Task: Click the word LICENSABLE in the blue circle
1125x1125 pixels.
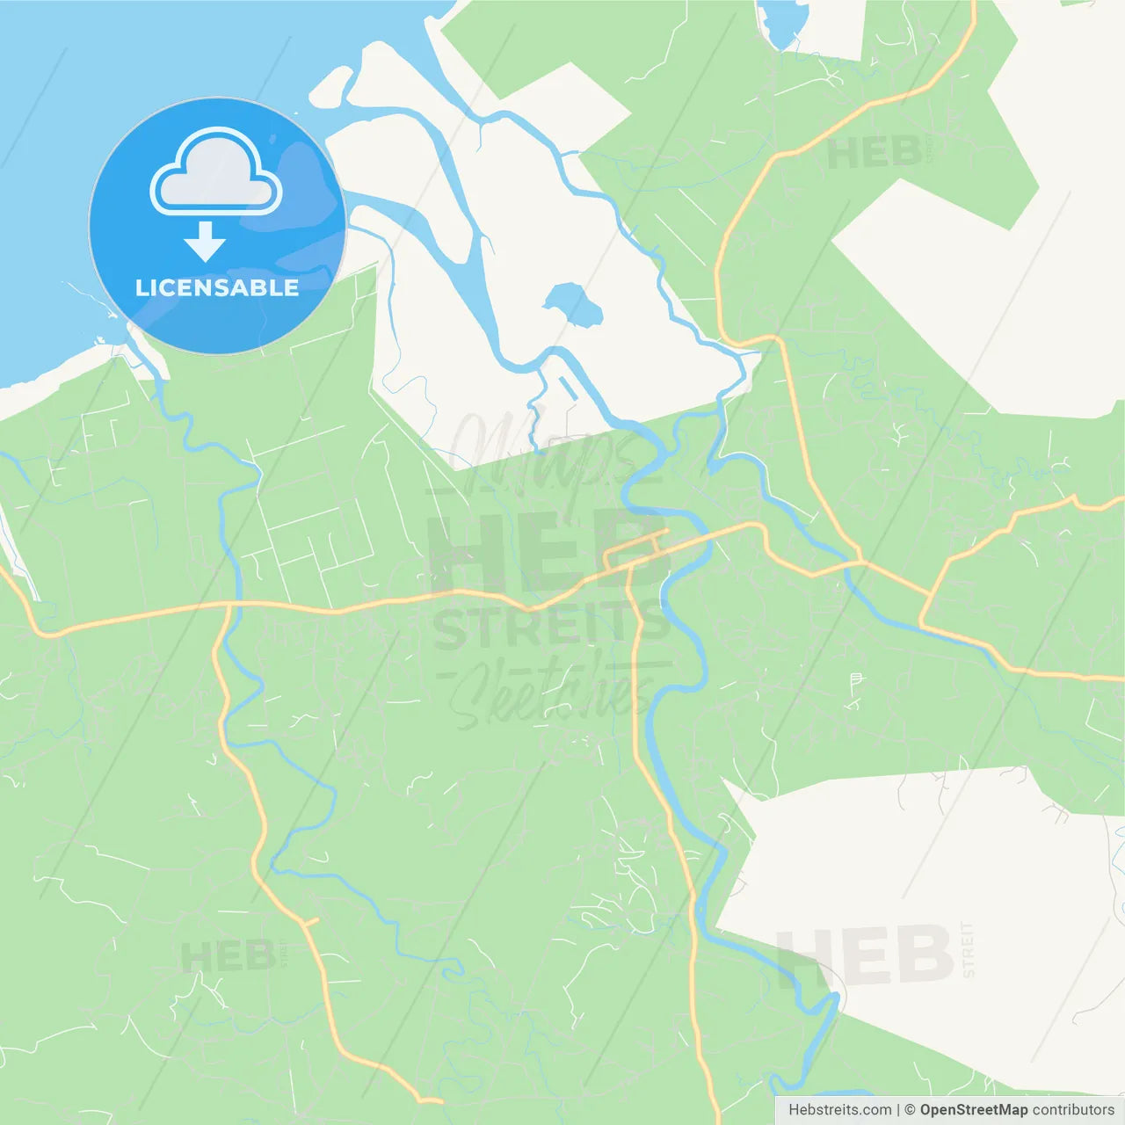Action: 216,288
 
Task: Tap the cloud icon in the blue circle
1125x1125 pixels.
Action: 216,173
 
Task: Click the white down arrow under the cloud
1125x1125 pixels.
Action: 205,241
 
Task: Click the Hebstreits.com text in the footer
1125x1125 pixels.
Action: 839,1110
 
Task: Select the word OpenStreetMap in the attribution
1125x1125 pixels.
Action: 973,1110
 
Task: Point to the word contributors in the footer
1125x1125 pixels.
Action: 1073,1110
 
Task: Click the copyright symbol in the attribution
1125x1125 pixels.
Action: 910,1110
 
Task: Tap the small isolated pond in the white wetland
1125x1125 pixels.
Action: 573,304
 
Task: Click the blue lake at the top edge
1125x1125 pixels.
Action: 780,22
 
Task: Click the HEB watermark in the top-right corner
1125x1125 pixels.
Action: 875,153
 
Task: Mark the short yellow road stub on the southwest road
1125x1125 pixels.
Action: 309,922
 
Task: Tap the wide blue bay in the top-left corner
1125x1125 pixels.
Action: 53,132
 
